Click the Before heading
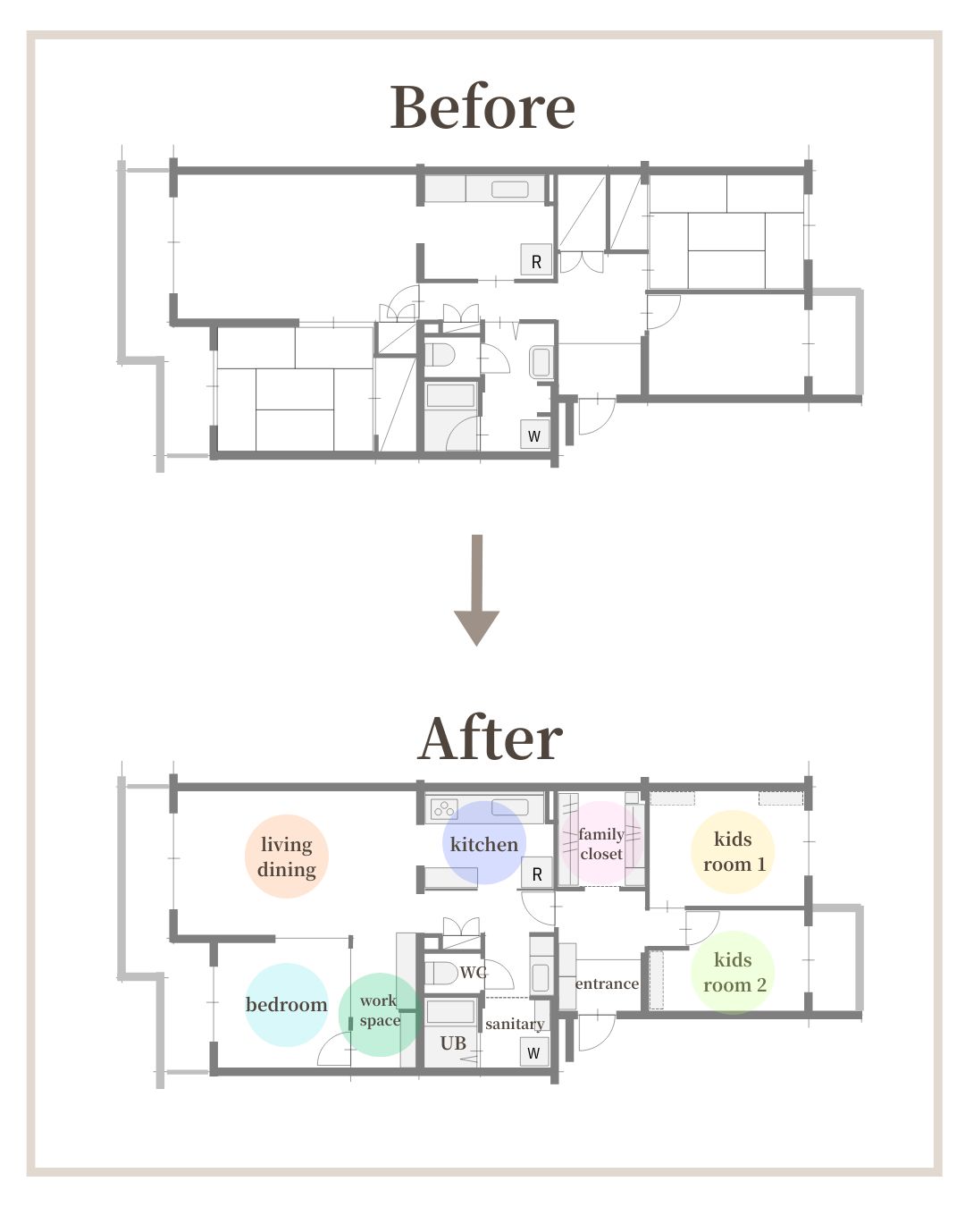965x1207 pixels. tap(482, 106)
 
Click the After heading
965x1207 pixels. tap(490, 739)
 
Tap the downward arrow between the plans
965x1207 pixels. tap(476, 590)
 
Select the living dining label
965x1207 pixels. tap(287, 857)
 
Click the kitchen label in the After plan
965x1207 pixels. tap(484, 844)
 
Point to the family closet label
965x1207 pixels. tap(601, 843)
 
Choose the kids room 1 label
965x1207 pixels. tap(734, 851)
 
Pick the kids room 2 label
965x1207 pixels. tap(734, 972)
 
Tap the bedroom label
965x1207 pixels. tap(287, 1004)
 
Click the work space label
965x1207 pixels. tap(380, 1010)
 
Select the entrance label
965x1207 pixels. tap(607, 983)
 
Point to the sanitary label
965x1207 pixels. tap(515, 1024)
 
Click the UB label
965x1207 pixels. tap(453, 1043)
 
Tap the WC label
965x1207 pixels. tap(473, 973)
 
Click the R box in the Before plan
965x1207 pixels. tap(537, 259)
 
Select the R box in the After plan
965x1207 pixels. tap(537, 874)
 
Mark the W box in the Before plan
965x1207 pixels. tap(534, 435)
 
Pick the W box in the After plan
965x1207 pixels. tap(533, 1052)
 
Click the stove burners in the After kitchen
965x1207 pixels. tap(444, 809)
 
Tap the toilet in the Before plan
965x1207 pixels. tap(439, 354)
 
